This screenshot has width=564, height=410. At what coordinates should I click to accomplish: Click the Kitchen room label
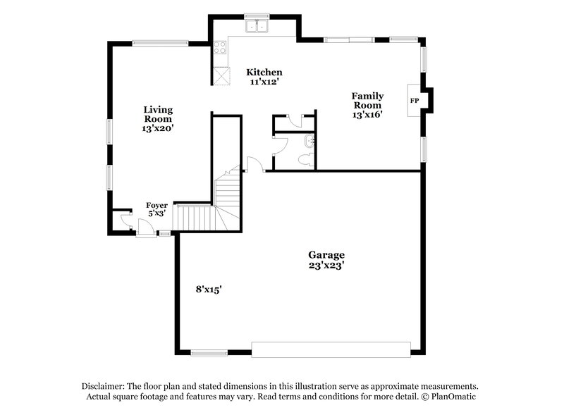coord(264,73)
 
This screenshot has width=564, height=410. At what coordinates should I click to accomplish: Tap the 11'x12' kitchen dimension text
coord(264,82)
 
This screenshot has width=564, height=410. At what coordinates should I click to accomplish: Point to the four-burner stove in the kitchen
coord(220,49)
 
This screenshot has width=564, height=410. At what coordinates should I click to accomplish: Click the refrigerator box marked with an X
coord(222,75)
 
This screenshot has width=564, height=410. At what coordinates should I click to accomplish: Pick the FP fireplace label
coord(414,101)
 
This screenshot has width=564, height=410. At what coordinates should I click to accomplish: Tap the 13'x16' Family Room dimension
coord(367,115)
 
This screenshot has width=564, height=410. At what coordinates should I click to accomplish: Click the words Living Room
coord(158,114)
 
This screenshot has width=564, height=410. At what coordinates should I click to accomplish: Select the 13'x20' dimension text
coord(158,129)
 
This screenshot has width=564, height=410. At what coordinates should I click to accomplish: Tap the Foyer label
coord(157,205)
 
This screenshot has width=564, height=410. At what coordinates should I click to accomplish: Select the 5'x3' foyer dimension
coord(157,213)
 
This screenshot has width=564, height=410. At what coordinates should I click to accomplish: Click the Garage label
coord(326,254)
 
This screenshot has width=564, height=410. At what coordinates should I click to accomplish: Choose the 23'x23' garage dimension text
coord(326,266)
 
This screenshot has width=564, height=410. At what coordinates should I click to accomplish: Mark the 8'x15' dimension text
coord(210,288)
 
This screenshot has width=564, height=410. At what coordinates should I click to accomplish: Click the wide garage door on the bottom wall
coord(331,349)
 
